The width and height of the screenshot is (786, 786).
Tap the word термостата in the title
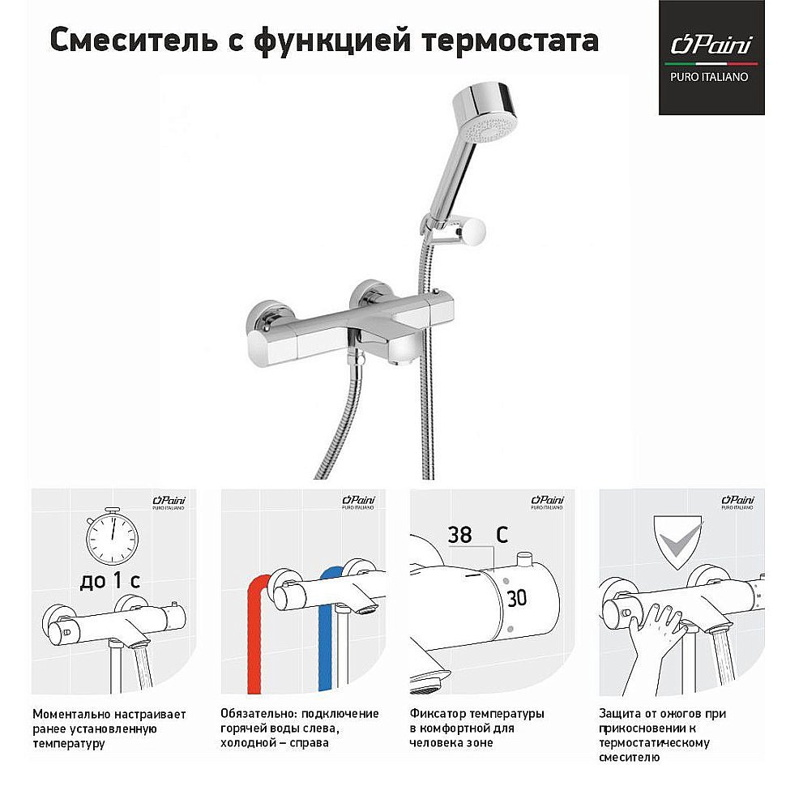pyautogui.click(x=508, y=40)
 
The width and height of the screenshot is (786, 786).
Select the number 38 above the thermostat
pyautogui.click(x=459, y=536)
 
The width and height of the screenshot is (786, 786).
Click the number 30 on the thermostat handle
pyautogui.click(x=516, y=599)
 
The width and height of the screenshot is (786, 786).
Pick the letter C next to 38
pyautogui.click(x=502, y=536)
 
